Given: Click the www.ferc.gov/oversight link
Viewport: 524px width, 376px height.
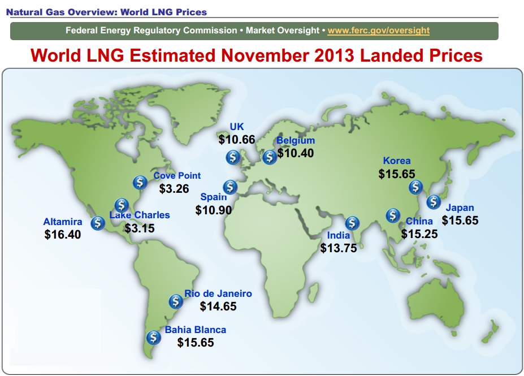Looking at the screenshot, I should (378, 31).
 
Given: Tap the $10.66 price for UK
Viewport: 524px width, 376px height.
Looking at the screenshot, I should (237, 139).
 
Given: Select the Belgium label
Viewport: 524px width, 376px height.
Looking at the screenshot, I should (296, 141).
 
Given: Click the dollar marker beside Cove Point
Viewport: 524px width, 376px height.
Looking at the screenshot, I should (140, 182).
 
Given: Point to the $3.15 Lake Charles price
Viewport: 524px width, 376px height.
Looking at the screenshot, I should (139, 228).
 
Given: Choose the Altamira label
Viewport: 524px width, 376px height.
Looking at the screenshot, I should (63, 222).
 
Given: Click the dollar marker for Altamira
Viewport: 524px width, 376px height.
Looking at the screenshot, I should (98, 223).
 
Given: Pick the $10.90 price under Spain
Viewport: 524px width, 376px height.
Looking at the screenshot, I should (214, 210).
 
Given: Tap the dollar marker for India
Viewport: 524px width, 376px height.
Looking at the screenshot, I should (352, 223).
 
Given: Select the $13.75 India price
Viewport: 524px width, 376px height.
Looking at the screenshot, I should (339, 248).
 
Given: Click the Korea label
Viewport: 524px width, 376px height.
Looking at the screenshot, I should (397, 161).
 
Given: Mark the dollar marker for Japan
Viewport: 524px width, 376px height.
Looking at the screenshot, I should (434, 201).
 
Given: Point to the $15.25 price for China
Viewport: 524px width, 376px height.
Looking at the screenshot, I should (419, 234).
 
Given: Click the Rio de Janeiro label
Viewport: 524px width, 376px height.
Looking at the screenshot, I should (218, 294).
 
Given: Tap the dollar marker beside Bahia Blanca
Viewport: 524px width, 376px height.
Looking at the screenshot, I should (153, 338).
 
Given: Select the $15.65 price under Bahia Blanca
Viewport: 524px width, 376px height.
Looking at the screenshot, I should (196, 342).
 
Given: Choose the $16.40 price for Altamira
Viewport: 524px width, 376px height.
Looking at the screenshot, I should (63, 234).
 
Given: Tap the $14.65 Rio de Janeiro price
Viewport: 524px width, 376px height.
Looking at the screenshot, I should (218, 306).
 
